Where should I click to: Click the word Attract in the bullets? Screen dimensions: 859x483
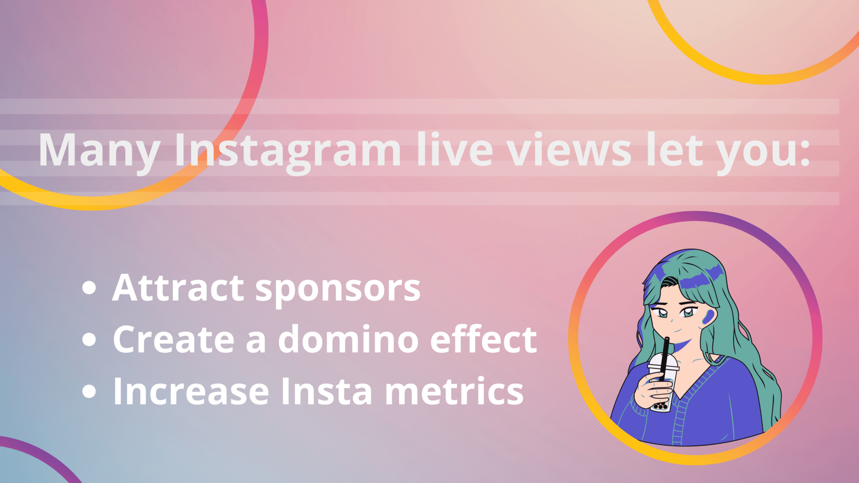click(x=178, y=288)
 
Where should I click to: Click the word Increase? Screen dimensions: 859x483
click(x=191, y=391)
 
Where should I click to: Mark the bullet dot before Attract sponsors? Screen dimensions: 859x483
click(x=89, y=288)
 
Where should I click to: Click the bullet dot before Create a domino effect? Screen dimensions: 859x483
click(x=89, y=339)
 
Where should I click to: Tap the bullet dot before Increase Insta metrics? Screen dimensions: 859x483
click(x=89, y=391)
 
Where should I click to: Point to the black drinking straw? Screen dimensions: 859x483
click(x=665, y=358)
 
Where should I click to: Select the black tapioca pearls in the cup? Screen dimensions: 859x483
click(x=661, y=405)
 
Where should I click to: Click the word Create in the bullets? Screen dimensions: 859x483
click(x=174, y=339)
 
